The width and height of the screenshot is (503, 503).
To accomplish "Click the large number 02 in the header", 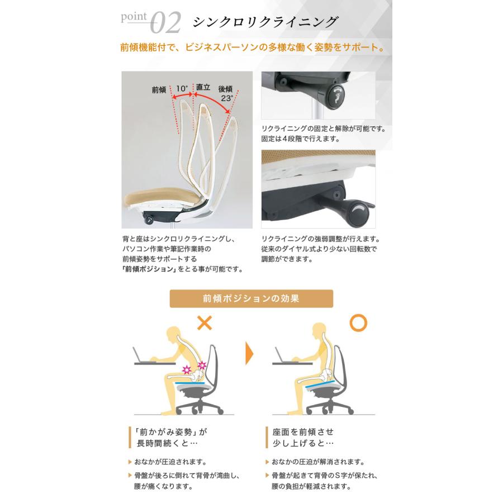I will (166, 23).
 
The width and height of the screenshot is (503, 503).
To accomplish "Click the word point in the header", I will (135, 18).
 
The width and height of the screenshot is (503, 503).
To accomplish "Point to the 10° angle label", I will (182, 89).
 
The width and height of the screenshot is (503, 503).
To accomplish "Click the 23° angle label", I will (226, 98).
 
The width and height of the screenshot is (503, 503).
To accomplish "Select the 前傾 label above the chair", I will (159, 89).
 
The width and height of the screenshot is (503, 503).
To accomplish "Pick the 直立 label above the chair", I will (202, 88).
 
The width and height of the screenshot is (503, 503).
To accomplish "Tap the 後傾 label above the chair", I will (225, 89).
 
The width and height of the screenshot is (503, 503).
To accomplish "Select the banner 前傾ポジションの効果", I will (251, 298).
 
